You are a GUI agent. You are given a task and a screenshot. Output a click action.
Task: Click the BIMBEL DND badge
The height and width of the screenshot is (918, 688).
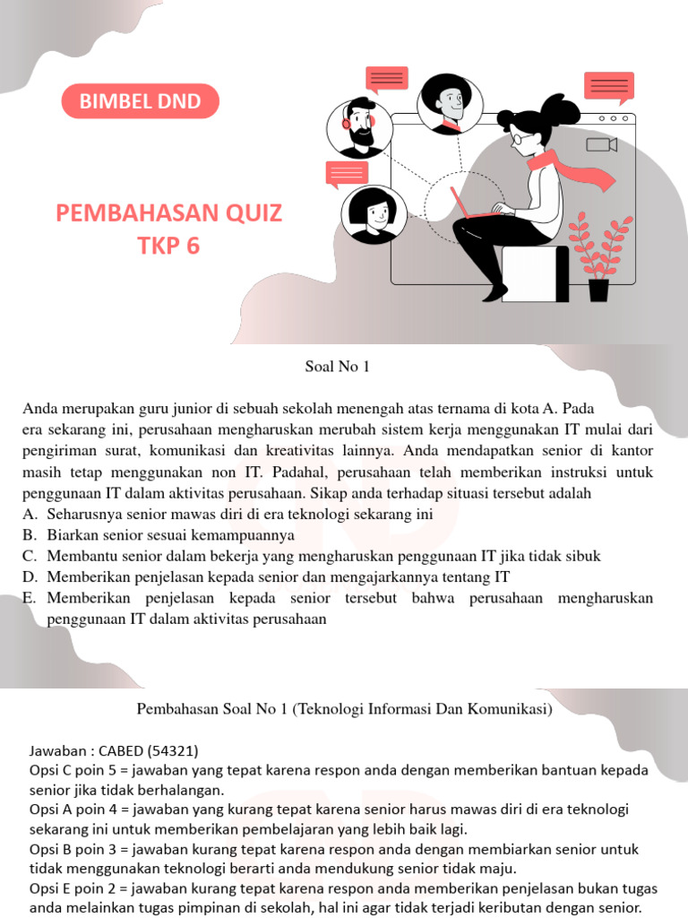(140, 101)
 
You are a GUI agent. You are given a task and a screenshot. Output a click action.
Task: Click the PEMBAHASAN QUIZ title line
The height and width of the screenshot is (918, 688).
(168, 213)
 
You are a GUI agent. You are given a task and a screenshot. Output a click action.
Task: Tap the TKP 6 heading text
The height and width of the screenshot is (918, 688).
(168, 245)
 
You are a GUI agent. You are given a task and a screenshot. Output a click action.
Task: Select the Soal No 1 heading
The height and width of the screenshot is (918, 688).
(331, 366)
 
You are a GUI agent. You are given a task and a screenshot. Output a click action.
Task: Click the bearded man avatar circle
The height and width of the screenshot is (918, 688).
(357, 127)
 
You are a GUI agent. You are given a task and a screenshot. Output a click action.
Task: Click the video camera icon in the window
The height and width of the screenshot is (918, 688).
(601, 144)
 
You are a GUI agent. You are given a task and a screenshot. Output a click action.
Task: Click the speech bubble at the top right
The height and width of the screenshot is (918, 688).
(608, 86)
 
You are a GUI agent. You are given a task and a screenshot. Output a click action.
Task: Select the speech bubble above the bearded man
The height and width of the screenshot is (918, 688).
(386, 79)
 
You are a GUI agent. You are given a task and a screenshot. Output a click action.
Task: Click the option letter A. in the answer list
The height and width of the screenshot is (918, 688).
(30, 515)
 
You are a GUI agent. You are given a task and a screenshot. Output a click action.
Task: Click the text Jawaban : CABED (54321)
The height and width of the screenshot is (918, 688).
(114, 749)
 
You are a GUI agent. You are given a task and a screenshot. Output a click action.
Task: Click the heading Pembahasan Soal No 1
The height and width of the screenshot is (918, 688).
(344, 709)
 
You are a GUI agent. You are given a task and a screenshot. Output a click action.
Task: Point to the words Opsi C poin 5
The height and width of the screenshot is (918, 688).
(76, 770)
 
